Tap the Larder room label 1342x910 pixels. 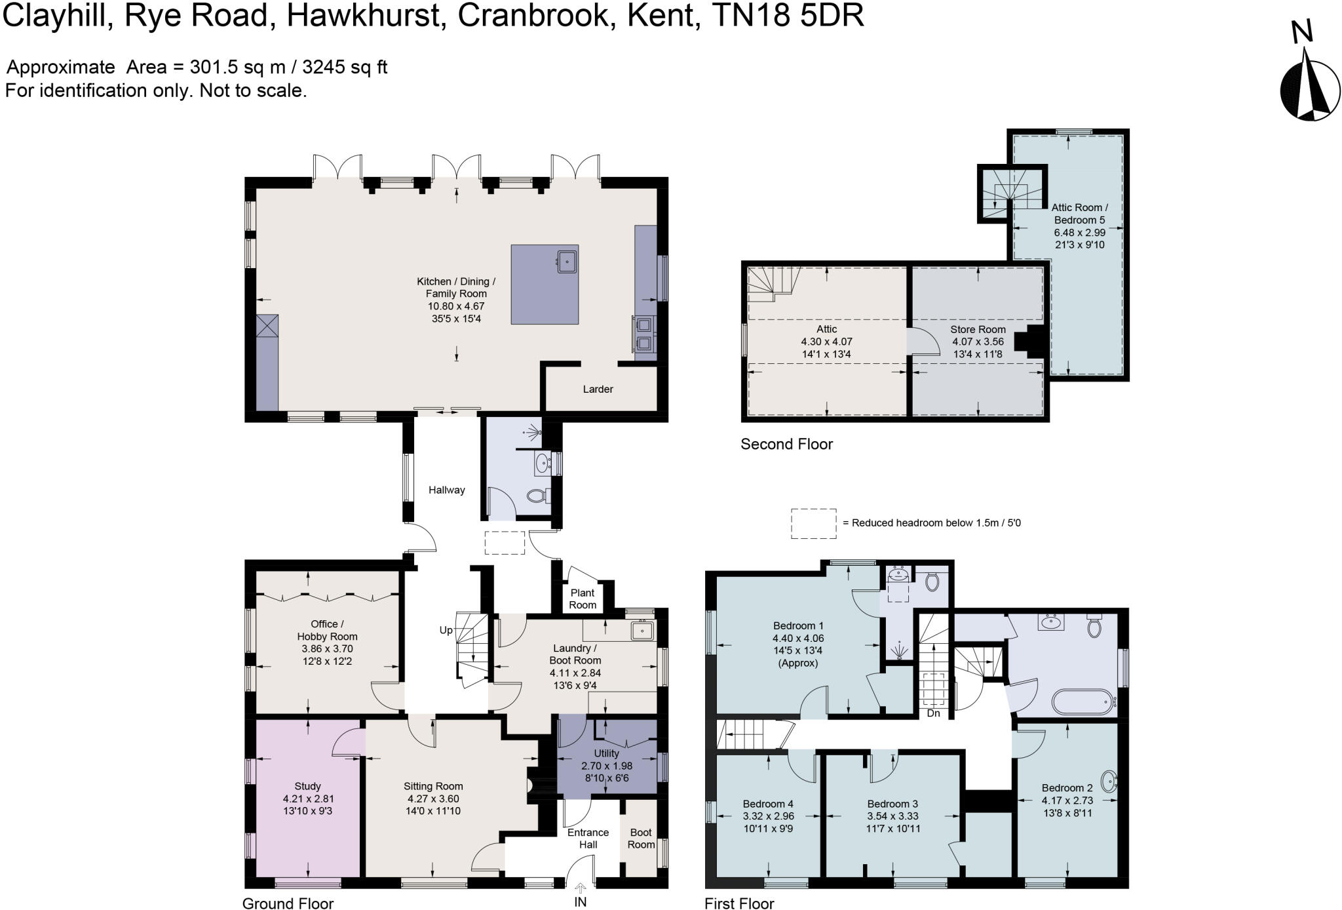(598, 389)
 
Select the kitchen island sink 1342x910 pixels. (567, 262)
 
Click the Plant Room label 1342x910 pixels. (583, 599)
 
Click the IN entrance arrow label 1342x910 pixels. (580, 902)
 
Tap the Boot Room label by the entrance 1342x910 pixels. (641, 839)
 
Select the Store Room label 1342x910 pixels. (978, 329)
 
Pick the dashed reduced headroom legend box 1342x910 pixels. (813, 524)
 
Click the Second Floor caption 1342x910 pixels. (786, 445)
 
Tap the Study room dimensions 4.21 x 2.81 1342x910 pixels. (308, 799)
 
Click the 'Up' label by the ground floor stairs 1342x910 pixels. (446, 630)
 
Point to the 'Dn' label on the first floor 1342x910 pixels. (933, 713)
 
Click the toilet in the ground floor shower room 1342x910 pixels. (537, 495)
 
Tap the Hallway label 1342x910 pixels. (447, 490)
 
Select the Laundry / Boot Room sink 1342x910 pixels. (641, 631)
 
